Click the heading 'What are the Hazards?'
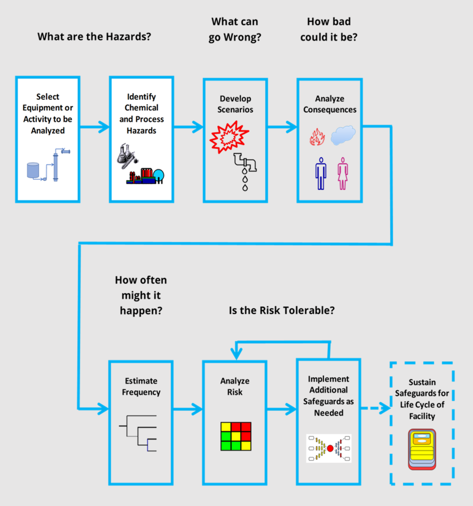(94, 36)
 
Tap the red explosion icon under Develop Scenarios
(229, 138)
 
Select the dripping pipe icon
(246, 171)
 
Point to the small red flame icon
(317, 137)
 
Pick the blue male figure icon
(321, 173)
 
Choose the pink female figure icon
(343, 173)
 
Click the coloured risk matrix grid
(236, 435)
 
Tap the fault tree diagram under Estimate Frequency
(138, 435)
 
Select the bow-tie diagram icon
(329, 447)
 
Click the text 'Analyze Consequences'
(330, 104)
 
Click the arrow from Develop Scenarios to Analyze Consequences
(282, 126)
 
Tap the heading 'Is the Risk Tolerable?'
(282, 311)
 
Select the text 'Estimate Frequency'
(141, 386)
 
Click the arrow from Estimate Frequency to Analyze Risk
(188, 408)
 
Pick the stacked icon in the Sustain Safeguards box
(421, 449)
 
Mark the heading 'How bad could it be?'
(328, 29)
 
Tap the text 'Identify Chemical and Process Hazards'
(141, 114)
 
